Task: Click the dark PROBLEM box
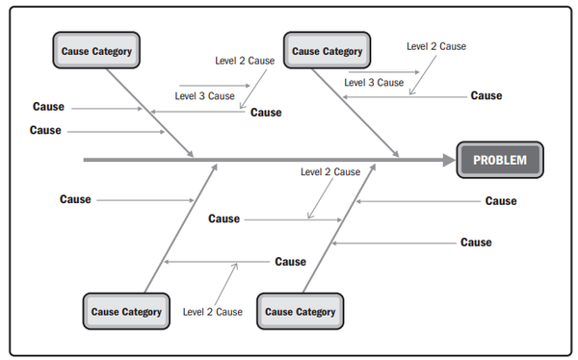[x=500, y=160]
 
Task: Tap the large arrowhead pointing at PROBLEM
[x=449, y=161]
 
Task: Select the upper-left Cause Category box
[x=96, y=50]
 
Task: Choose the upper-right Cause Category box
[x=327, y=50]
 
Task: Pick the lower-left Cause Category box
[x=126, y=311]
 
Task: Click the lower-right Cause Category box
[x=300, y=311]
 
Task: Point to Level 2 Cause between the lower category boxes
[x=213, y=312]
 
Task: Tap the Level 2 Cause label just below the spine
[x=330, y=171]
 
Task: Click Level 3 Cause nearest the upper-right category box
[x=374, y=83]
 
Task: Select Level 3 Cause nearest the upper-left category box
[x=204, y=96]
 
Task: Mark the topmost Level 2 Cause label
[x=436, y=46]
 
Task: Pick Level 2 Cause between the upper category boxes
[x=245, y=61]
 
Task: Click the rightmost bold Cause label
[x=501, y=201]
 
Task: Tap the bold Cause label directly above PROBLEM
[x=486, y=96]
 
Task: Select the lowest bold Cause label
[x=291, y=262]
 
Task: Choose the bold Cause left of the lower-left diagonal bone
[x=75, y=199]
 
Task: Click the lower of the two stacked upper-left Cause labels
[x=45, y=130]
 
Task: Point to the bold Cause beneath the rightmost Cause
[x=476, y=243]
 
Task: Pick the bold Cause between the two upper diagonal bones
[x=266, y=113]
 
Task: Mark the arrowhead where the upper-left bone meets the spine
[x=190, y=154]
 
